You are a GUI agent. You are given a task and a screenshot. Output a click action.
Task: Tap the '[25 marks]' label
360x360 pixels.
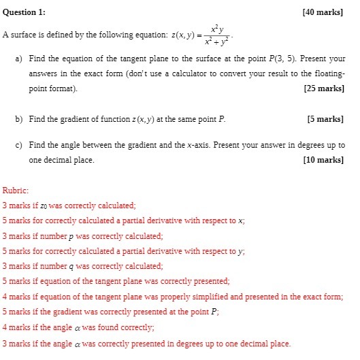click(325, 88)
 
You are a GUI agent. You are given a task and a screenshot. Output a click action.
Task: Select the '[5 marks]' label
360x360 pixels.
click(327, 118)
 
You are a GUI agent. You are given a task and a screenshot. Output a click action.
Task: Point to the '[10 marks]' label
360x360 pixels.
click(325, 160)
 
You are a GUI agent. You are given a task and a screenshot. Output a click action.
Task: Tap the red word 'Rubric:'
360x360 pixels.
click(16, 191)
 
